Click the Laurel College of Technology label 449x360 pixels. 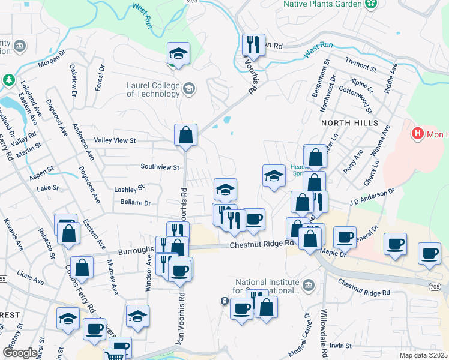(x=153, y=89)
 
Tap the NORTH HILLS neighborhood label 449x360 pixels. (x=349, y=122)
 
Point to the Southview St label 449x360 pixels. (x=160, y=167)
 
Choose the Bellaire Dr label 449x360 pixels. (x=134, y=202)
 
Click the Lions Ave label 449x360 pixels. (x=31, y=280)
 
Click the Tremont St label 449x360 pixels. (x=361, y=63)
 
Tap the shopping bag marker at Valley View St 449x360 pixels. (x=186, y=135)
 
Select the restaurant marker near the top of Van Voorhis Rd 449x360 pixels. (x=253, y=45)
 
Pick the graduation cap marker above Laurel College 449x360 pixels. (x=178, y=53)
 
